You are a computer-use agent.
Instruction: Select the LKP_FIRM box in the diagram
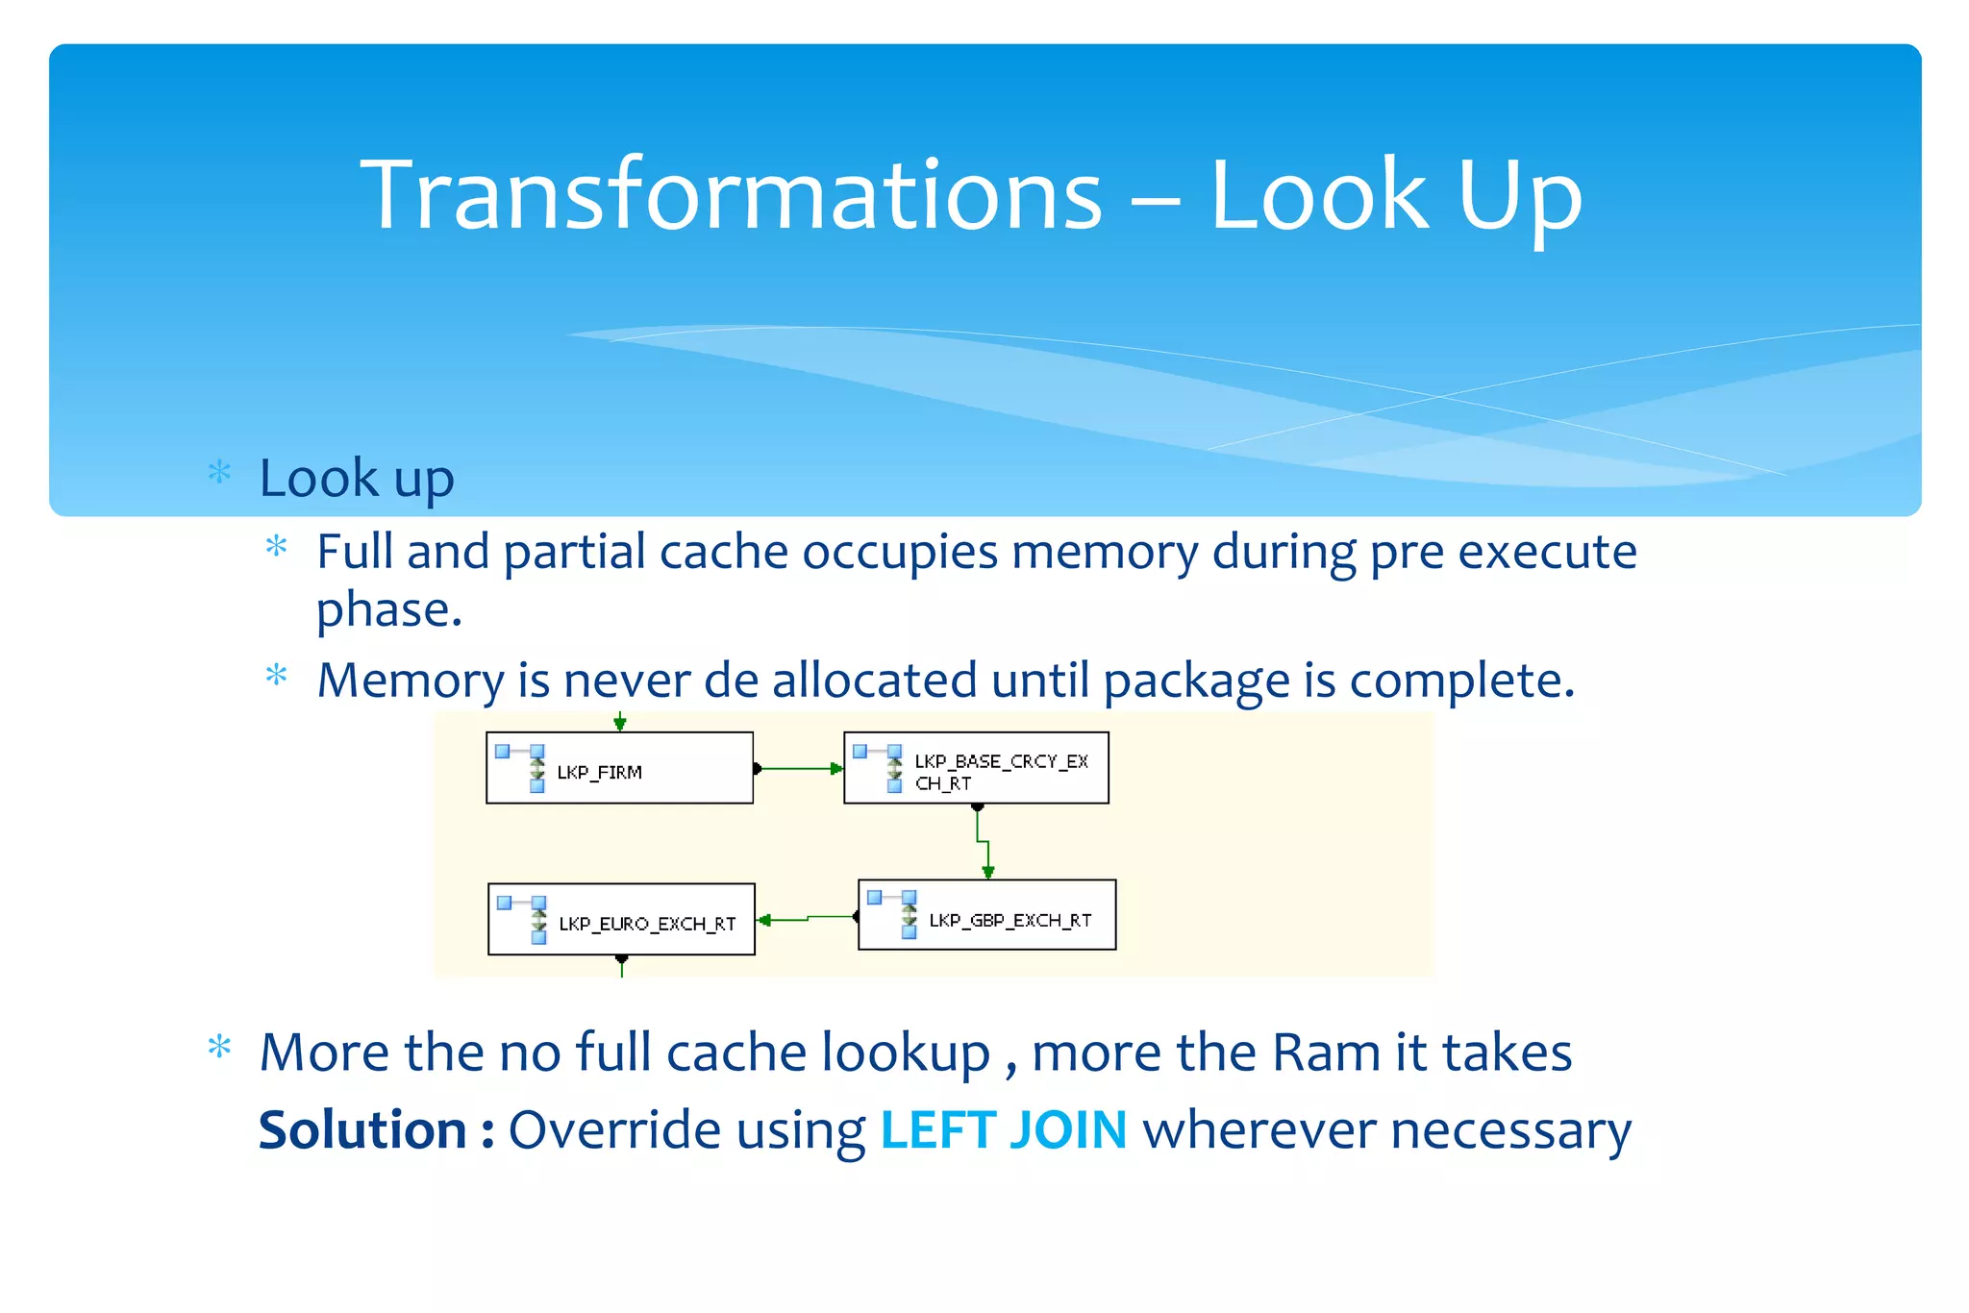pyautogui.click(x=619, y=768)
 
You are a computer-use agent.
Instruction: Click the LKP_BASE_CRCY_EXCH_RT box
pyautogui.click(x=976, y=768)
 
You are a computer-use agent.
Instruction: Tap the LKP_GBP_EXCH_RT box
pyautogui.click(x=987, y=915)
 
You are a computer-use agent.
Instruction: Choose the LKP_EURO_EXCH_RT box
pyautogui.click(x=621, y=920)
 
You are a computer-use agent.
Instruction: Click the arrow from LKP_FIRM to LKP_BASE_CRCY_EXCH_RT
pyautogui.click(x=798, y=769)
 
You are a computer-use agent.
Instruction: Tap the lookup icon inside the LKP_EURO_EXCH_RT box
pyautogui.click(x=526, y=918)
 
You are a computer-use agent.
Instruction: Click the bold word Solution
pyautogui.click(x=362, y=1129)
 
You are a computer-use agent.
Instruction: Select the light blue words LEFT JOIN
pyautogui.click(x=1003, y=1129)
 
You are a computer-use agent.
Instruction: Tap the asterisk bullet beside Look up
pyautogui.click(x=220, y=472)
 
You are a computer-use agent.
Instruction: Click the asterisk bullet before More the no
pyautogui.click(x=220, y=1047)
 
